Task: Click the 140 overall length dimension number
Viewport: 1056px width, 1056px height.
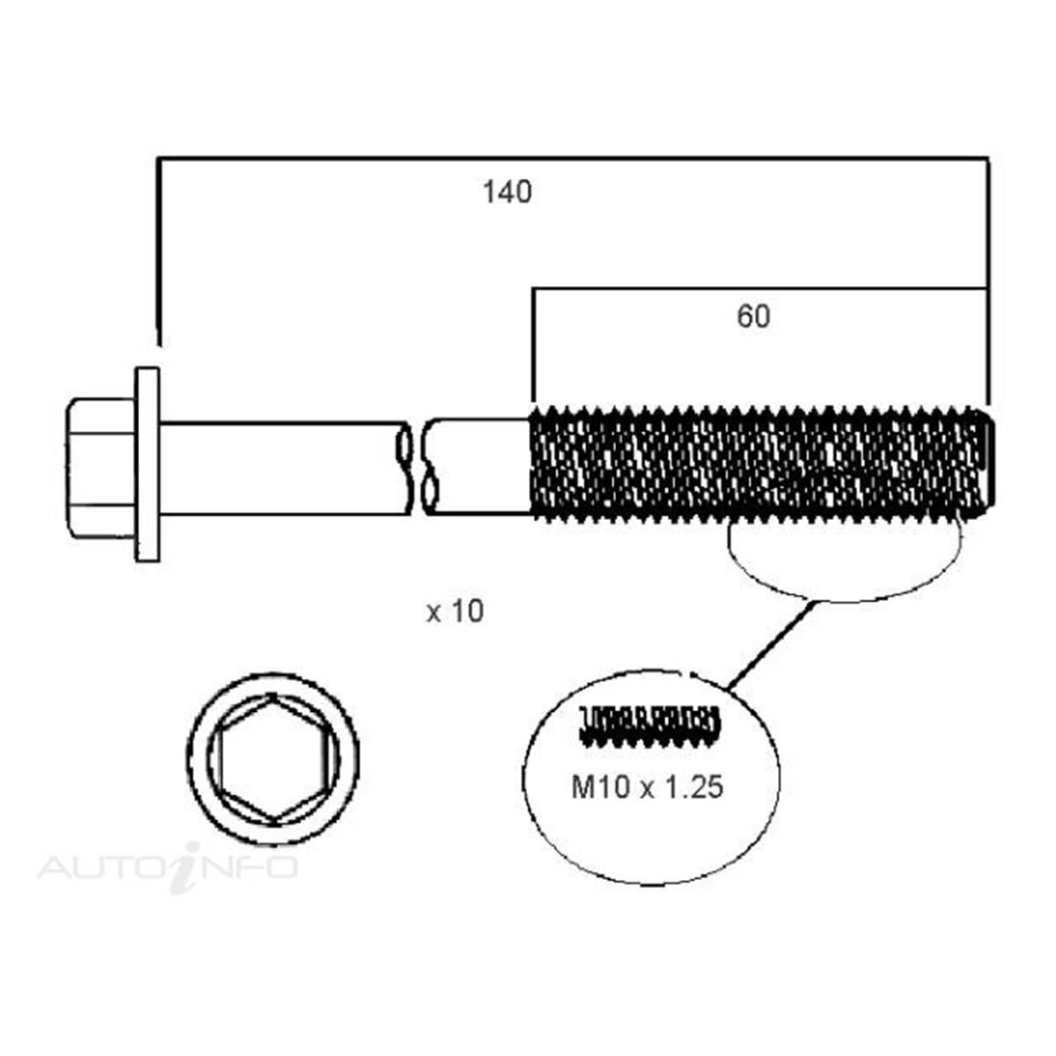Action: click(507, 192)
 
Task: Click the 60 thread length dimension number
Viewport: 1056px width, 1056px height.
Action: click(753, 317)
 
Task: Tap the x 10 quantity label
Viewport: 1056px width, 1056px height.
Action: click(455, 611)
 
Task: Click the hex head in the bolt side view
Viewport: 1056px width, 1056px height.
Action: click(99, 466)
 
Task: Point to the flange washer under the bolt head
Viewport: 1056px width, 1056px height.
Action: click(147, 465)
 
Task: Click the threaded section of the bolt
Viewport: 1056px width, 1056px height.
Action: click(757, 464)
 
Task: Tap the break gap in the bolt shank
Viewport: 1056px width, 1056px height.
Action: click(417, 466)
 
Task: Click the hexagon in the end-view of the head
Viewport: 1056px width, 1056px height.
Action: click(275, 760)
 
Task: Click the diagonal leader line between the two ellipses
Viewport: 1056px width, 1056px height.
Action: click(770, 644)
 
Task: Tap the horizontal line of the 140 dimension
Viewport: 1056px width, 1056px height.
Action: click(572, 159)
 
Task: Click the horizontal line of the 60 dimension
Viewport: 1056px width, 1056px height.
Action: click(757, 288)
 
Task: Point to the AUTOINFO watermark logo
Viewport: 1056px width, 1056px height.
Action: click(167, 866)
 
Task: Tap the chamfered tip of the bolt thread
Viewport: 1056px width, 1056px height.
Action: click(988, 464)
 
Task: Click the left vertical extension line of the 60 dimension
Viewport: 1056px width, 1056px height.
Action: click(533, 343)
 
